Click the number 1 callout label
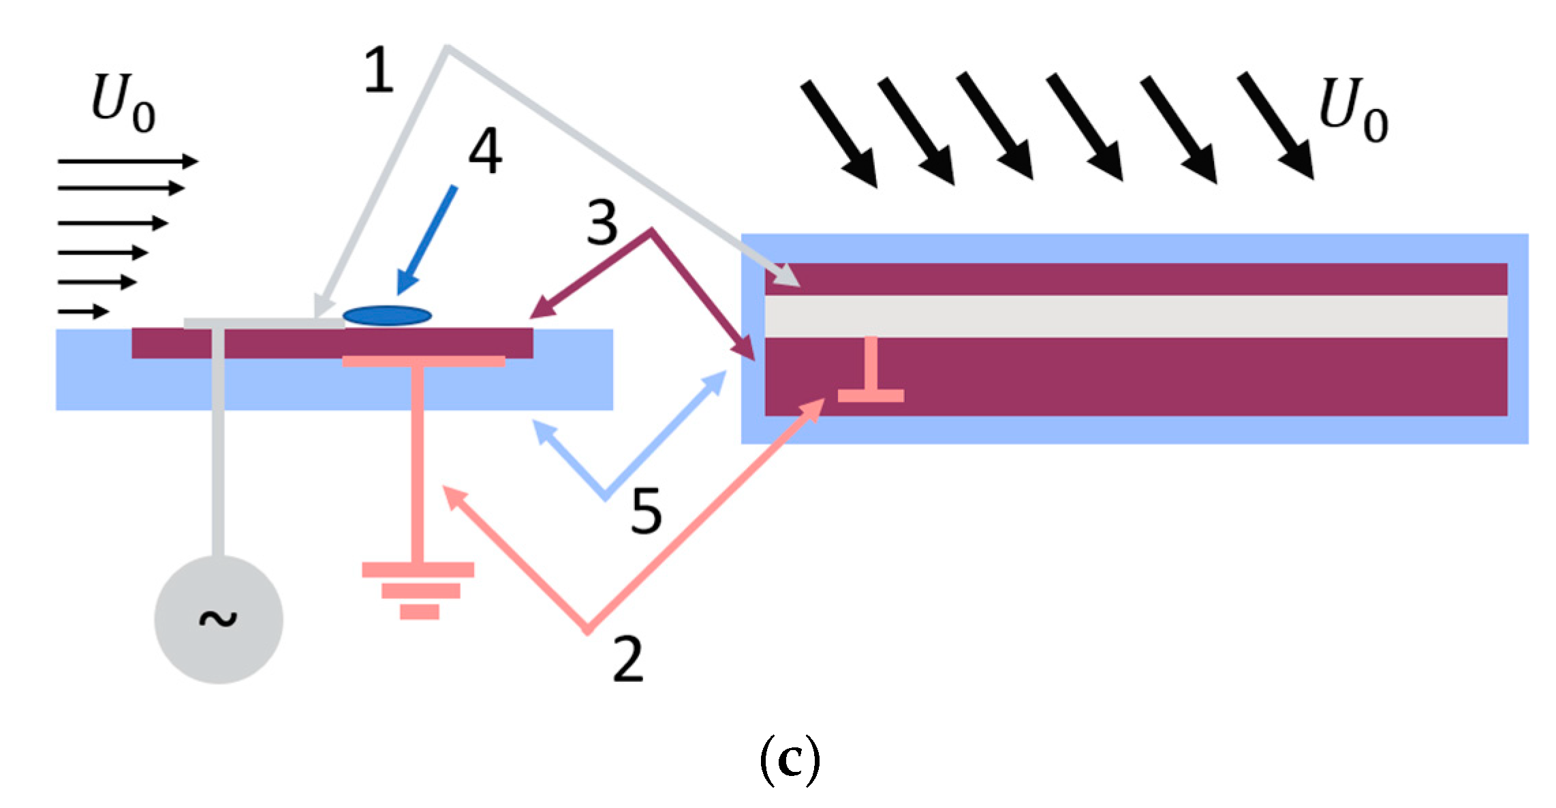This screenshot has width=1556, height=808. (379, 69)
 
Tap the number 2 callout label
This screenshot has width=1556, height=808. (627, 658)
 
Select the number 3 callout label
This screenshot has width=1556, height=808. (602, 223)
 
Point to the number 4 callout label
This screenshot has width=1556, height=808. (485, 151)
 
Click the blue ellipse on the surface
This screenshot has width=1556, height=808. (387, 315)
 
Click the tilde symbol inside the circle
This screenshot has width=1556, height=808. (218, 618)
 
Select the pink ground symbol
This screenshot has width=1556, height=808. (418, 590)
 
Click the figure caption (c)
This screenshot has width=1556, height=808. (790, 760)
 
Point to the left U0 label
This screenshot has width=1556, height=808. (123, 103)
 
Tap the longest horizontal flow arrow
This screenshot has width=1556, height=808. (128, 161)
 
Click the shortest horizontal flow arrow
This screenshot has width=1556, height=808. (83, 311)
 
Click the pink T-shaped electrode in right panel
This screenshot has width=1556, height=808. (871, 371)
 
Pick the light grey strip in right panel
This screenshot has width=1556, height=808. (1136, 316)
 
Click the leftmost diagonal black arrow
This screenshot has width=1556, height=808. (839, 134)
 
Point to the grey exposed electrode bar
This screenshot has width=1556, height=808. (264, 324)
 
